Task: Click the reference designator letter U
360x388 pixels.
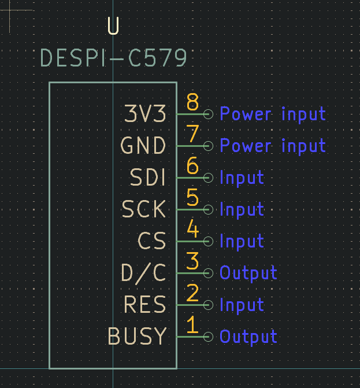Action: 113,27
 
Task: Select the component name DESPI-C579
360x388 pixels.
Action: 114,58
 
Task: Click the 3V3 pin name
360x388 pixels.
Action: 146,114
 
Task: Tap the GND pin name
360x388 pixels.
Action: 143,146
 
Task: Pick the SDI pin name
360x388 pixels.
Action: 148,178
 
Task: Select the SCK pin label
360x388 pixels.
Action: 144,209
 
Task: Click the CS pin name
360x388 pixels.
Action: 152,241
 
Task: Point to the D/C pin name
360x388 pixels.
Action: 143,272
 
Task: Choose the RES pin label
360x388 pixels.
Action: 145,304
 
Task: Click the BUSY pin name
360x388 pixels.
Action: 137,336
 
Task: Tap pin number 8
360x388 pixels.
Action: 192,103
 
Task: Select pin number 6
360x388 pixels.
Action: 192,167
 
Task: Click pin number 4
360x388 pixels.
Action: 192,230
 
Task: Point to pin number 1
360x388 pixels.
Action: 192,326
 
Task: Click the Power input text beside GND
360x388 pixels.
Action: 273,146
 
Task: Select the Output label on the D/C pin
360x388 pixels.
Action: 248,273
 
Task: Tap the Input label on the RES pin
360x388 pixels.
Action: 242,305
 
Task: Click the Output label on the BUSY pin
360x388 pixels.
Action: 248,337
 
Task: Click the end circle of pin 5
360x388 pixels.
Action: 208,209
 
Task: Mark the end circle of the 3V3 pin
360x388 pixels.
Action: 208,114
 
